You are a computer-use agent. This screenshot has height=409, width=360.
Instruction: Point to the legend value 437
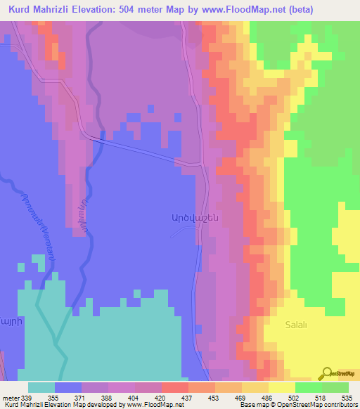[x=186, y=398]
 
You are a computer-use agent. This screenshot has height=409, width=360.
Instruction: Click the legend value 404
[x=134, y=398]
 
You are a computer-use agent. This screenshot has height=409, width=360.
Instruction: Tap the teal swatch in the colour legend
[x=41, y=387]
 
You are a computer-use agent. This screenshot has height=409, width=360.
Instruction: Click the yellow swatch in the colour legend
[x=281, y=387]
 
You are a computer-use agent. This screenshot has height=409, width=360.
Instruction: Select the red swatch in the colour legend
[x=174, y=387]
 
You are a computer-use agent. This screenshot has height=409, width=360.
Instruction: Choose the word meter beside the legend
[x=11, y=398]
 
